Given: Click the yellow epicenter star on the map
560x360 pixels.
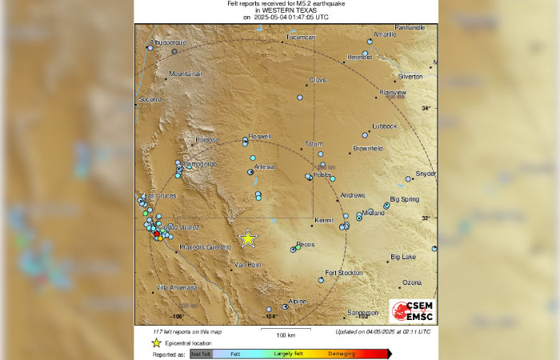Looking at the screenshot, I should [x=248, y=238].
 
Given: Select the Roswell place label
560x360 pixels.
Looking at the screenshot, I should [x=260, y=137].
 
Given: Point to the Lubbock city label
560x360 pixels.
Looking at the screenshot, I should [x=384, y=126].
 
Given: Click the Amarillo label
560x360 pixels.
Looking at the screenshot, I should [x=386, y=35].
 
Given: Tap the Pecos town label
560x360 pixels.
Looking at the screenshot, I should [x=306, y=244].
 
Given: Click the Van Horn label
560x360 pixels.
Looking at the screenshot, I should [x=247, y=264].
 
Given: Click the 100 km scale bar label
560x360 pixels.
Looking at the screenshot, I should [x=276, y=334].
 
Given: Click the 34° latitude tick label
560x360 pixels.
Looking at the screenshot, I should [x=426, y=107].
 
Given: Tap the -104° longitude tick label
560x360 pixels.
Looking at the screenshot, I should [x=269, y=317].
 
